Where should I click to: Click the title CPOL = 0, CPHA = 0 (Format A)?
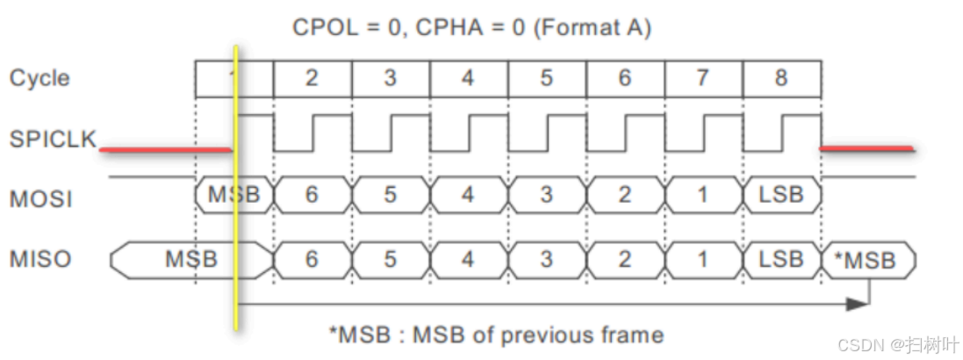click(x=471, y=28)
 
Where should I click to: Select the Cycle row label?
click(x=40, y=78)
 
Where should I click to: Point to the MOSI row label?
click(x=40, y=199)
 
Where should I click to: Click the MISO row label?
click(x=40, y=259)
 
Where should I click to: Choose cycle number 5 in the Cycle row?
click(x=546, y=78)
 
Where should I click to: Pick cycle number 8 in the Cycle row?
click(x=781, y=78)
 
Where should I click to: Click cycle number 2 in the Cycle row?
click(x=312, y=78)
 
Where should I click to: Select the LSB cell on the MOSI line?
click(x=781, y=194)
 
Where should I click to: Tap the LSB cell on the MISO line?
click(x=781, y=259)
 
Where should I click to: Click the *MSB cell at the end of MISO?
click(x=868, y=260)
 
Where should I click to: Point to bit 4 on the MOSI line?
click(x=468, y=194)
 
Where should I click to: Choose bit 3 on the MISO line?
click(x=546, y=259)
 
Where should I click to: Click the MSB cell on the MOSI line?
click(x=233, y=194)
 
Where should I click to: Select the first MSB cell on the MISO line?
click(x=190, y=259)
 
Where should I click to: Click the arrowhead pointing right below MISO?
click(x=858, y=303)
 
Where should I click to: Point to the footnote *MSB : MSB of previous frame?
click(x=496, y=335)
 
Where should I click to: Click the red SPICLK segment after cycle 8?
click(x=866, y=148)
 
